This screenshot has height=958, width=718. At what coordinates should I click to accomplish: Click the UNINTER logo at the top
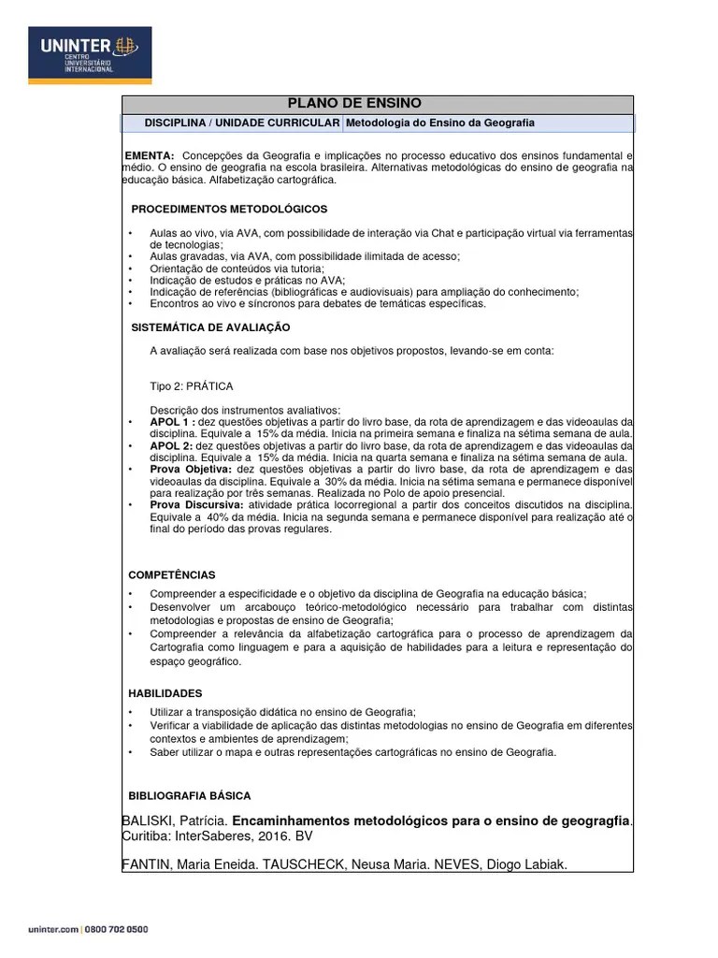pos(90,54)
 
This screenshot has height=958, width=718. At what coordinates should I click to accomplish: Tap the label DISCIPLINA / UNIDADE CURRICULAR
pos(241,123)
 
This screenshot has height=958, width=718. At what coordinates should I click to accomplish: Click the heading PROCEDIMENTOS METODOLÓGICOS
pos(228,208)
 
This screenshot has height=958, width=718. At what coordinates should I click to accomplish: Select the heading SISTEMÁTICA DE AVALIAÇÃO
pos(210,327)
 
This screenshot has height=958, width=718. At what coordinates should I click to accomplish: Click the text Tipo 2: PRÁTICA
pos(192,385)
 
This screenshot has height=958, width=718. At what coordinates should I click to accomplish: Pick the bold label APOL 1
pos(170,421)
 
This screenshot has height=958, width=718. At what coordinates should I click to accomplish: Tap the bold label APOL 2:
pos(172,445)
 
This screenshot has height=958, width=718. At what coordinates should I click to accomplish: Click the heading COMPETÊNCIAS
pos(171,574)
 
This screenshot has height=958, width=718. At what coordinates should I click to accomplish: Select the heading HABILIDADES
pos(165,693)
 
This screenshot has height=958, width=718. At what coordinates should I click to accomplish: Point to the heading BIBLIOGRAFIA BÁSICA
pos(189,795)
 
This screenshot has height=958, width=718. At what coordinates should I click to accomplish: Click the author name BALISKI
pos(151,820)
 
